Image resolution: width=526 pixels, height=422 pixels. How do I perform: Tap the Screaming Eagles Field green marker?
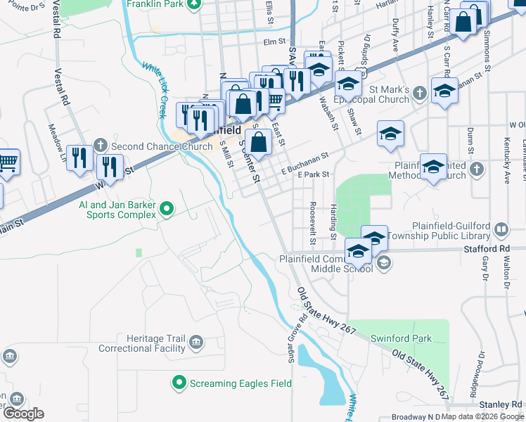179,383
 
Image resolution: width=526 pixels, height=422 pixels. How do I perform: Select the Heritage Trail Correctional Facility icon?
196,343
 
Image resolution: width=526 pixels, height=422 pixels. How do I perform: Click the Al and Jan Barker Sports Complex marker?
167,207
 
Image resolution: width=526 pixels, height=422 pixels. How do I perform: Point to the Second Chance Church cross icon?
101,146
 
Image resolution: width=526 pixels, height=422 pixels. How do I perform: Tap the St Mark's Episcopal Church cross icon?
419,94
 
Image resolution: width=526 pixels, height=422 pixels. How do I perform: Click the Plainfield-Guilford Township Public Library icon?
501,229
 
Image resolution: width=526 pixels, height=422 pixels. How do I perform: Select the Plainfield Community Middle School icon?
383,263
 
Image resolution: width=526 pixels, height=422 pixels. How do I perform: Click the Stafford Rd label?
485,249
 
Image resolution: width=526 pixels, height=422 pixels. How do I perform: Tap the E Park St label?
313,174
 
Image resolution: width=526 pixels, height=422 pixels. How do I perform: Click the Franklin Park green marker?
197,4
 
